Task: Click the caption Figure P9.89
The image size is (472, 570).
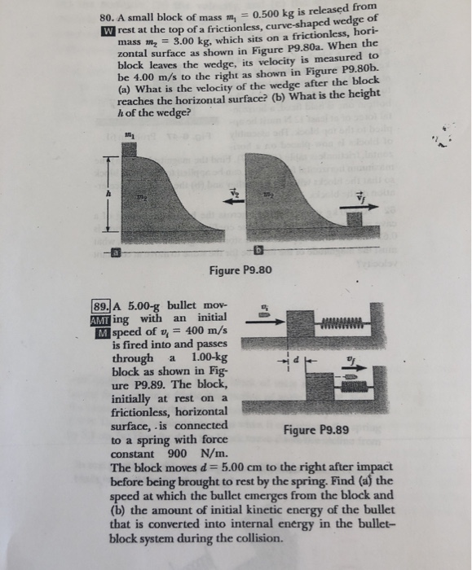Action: pyautogui.click(x=317, y=430)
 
